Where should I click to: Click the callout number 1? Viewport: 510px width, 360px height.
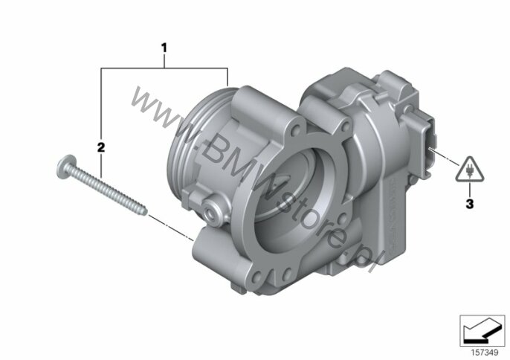(164, 48)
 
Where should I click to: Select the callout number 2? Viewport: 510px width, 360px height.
(101, 147)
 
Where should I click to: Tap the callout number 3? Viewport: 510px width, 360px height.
(470, 204)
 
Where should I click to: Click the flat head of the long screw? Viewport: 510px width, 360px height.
(67, 167)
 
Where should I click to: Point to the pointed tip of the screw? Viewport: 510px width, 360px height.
(146, 213)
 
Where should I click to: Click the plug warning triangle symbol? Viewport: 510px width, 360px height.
(470, 170)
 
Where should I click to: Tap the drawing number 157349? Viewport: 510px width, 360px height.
(485, 353)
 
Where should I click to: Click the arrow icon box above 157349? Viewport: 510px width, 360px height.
(482, 331)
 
